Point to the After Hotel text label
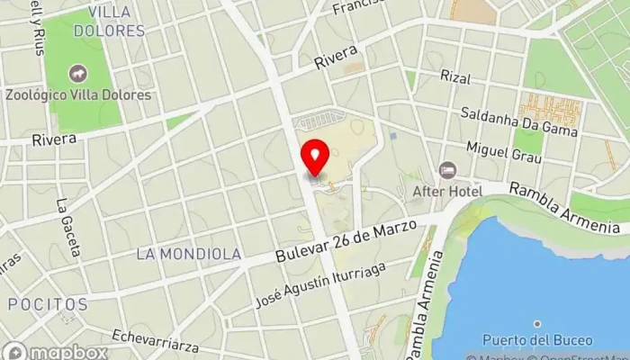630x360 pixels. tap(447, 191)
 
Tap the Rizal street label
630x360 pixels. tap(455, 77)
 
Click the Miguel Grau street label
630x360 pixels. tap(504, 152)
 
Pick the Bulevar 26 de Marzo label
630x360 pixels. tap(346, 241)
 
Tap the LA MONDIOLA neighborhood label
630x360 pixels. tap(189, 255)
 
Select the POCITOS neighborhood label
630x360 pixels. tap(48, 305)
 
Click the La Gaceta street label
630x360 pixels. tap(68, 227)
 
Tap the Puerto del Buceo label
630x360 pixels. tap(537, 340)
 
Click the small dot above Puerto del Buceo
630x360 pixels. tap(537, 323)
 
